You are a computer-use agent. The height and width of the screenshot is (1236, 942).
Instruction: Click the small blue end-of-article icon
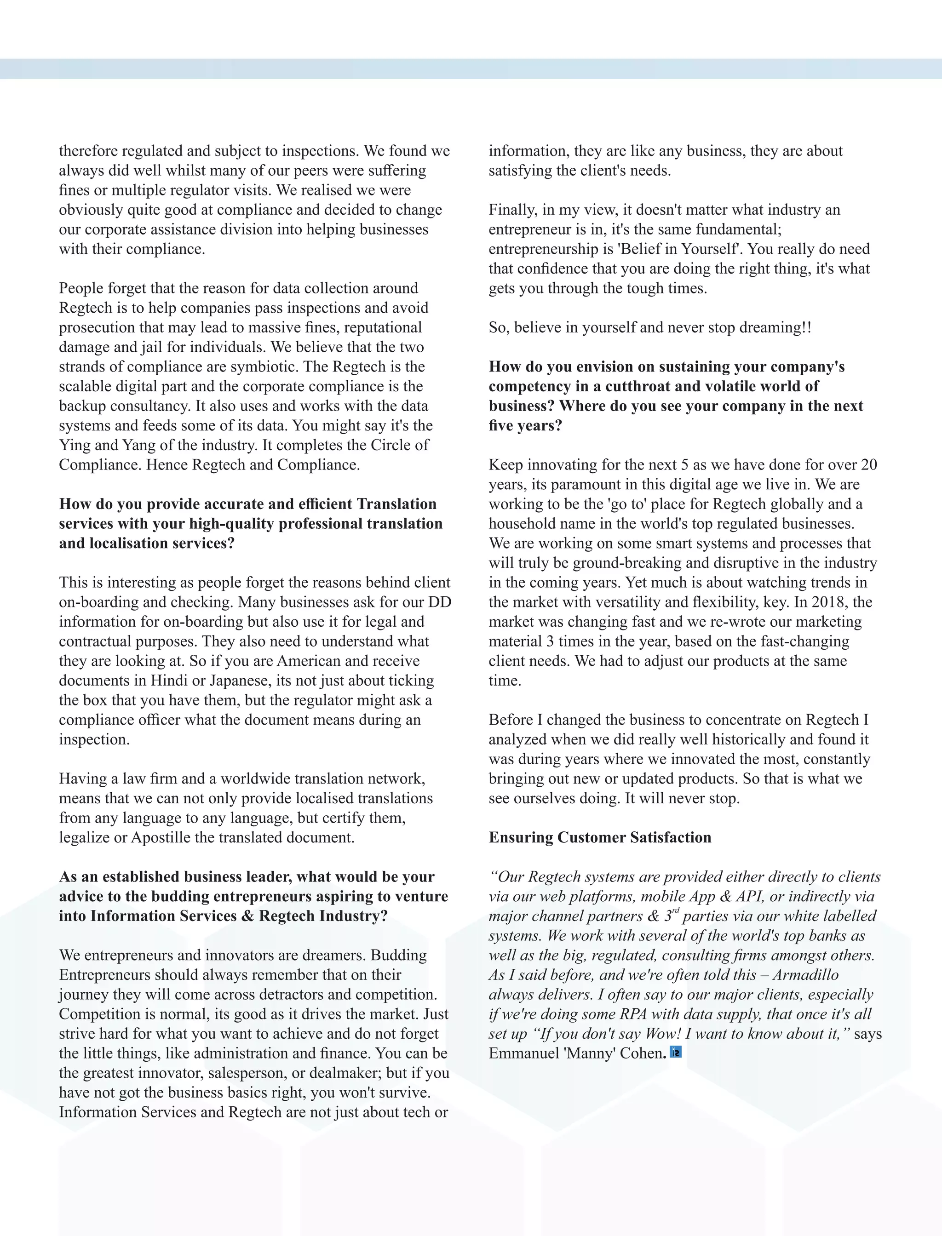coord(676,1052)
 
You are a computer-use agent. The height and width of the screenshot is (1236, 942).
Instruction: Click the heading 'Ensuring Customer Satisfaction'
coord(599,837)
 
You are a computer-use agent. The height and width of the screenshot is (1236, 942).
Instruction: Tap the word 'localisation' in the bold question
coord(131,543)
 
